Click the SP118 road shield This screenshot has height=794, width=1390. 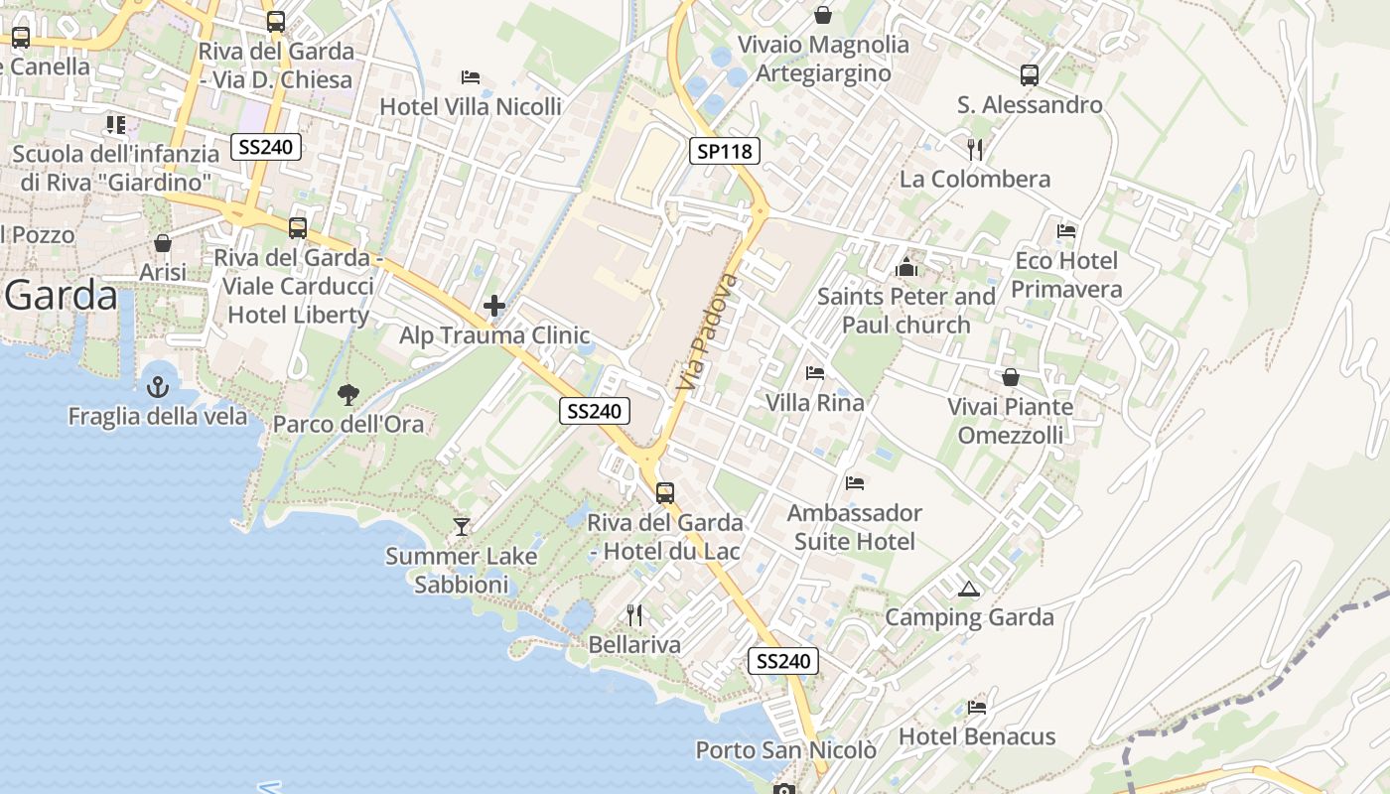(x=725, y=151)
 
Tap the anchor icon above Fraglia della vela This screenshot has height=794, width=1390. (x=158, y=387)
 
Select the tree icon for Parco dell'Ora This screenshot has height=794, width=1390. (x=347, y=395)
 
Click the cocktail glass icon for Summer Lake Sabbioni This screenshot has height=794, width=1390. (x=462, y=526)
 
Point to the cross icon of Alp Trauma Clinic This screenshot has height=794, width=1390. (x=494, y=306)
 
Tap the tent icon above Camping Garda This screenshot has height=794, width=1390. (x=968, y=589)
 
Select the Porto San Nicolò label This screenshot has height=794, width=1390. (x=785, y=750)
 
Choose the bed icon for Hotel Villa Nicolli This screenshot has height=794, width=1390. (x=471, y=77)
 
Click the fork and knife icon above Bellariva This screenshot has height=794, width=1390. (x=634, y=615)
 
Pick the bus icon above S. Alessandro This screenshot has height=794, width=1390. (x=1030, y=74)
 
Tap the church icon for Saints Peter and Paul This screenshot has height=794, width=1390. (x=905, y=267)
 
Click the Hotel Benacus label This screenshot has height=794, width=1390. (x=977, y=736)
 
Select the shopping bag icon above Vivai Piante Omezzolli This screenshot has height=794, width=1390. (x=1010, y=377)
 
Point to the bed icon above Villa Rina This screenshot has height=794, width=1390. (x=815, y=373)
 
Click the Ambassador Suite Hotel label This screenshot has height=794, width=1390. (x=854, y=527)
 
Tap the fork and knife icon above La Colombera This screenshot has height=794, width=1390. (x=975, y=149)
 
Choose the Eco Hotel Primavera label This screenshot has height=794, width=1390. (x=1066, y=275)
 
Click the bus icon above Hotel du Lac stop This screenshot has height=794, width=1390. (x=665, y=492)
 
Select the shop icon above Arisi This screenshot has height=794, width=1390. (x=163, y=242)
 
